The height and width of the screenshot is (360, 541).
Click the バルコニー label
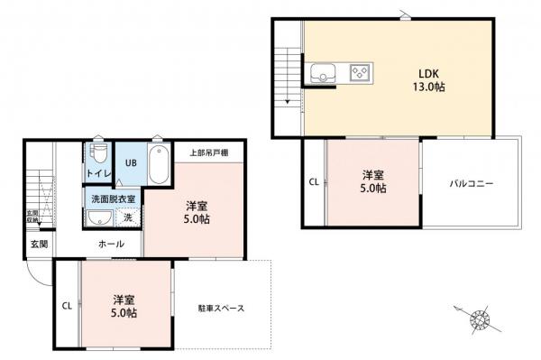[x=472, y=183]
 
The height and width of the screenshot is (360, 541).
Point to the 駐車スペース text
[x=221, y=308]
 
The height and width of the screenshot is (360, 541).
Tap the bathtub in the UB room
[x=158, y=163]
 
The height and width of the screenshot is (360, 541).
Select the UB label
[x=130, y=164]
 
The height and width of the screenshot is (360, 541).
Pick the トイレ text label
[x=98, y=172]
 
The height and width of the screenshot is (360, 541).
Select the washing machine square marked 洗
[x=126, y=217]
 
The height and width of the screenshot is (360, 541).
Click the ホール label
[x=111, y=244]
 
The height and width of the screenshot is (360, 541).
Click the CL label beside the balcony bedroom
[x=314, y=182]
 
